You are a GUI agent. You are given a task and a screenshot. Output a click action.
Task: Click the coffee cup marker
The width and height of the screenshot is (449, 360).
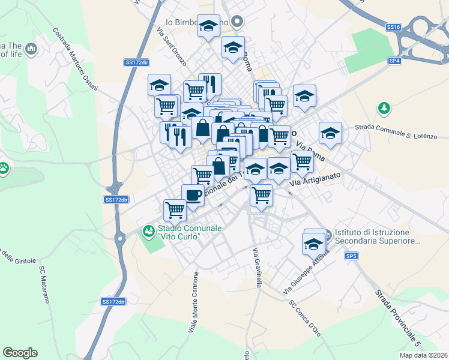coord(193,196)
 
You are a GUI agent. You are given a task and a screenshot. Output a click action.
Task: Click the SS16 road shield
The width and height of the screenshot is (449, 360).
coord(393,27)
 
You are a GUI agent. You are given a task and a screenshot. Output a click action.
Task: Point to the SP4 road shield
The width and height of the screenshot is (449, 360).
coord(394,61)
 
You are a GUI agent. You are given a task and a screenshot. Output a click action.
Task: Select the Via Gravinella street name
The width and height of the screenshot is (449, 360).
coord(256,268)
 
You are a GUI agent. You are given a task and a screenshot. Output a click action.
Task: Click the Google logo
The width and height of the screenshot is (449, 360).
coord(20,353)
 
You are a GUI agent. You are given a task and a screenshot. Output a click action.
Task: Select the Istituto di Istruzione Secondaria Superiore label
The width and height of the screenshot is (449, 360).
coord(372,236)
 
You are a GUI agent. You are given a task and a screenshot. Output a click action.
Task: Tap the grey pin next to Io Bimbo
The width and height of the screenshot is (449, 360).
coord(237,23)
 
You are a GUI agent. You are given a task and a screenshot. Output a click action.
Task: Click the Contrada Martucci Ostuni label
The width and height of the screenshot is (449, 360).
coord(75,60)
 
